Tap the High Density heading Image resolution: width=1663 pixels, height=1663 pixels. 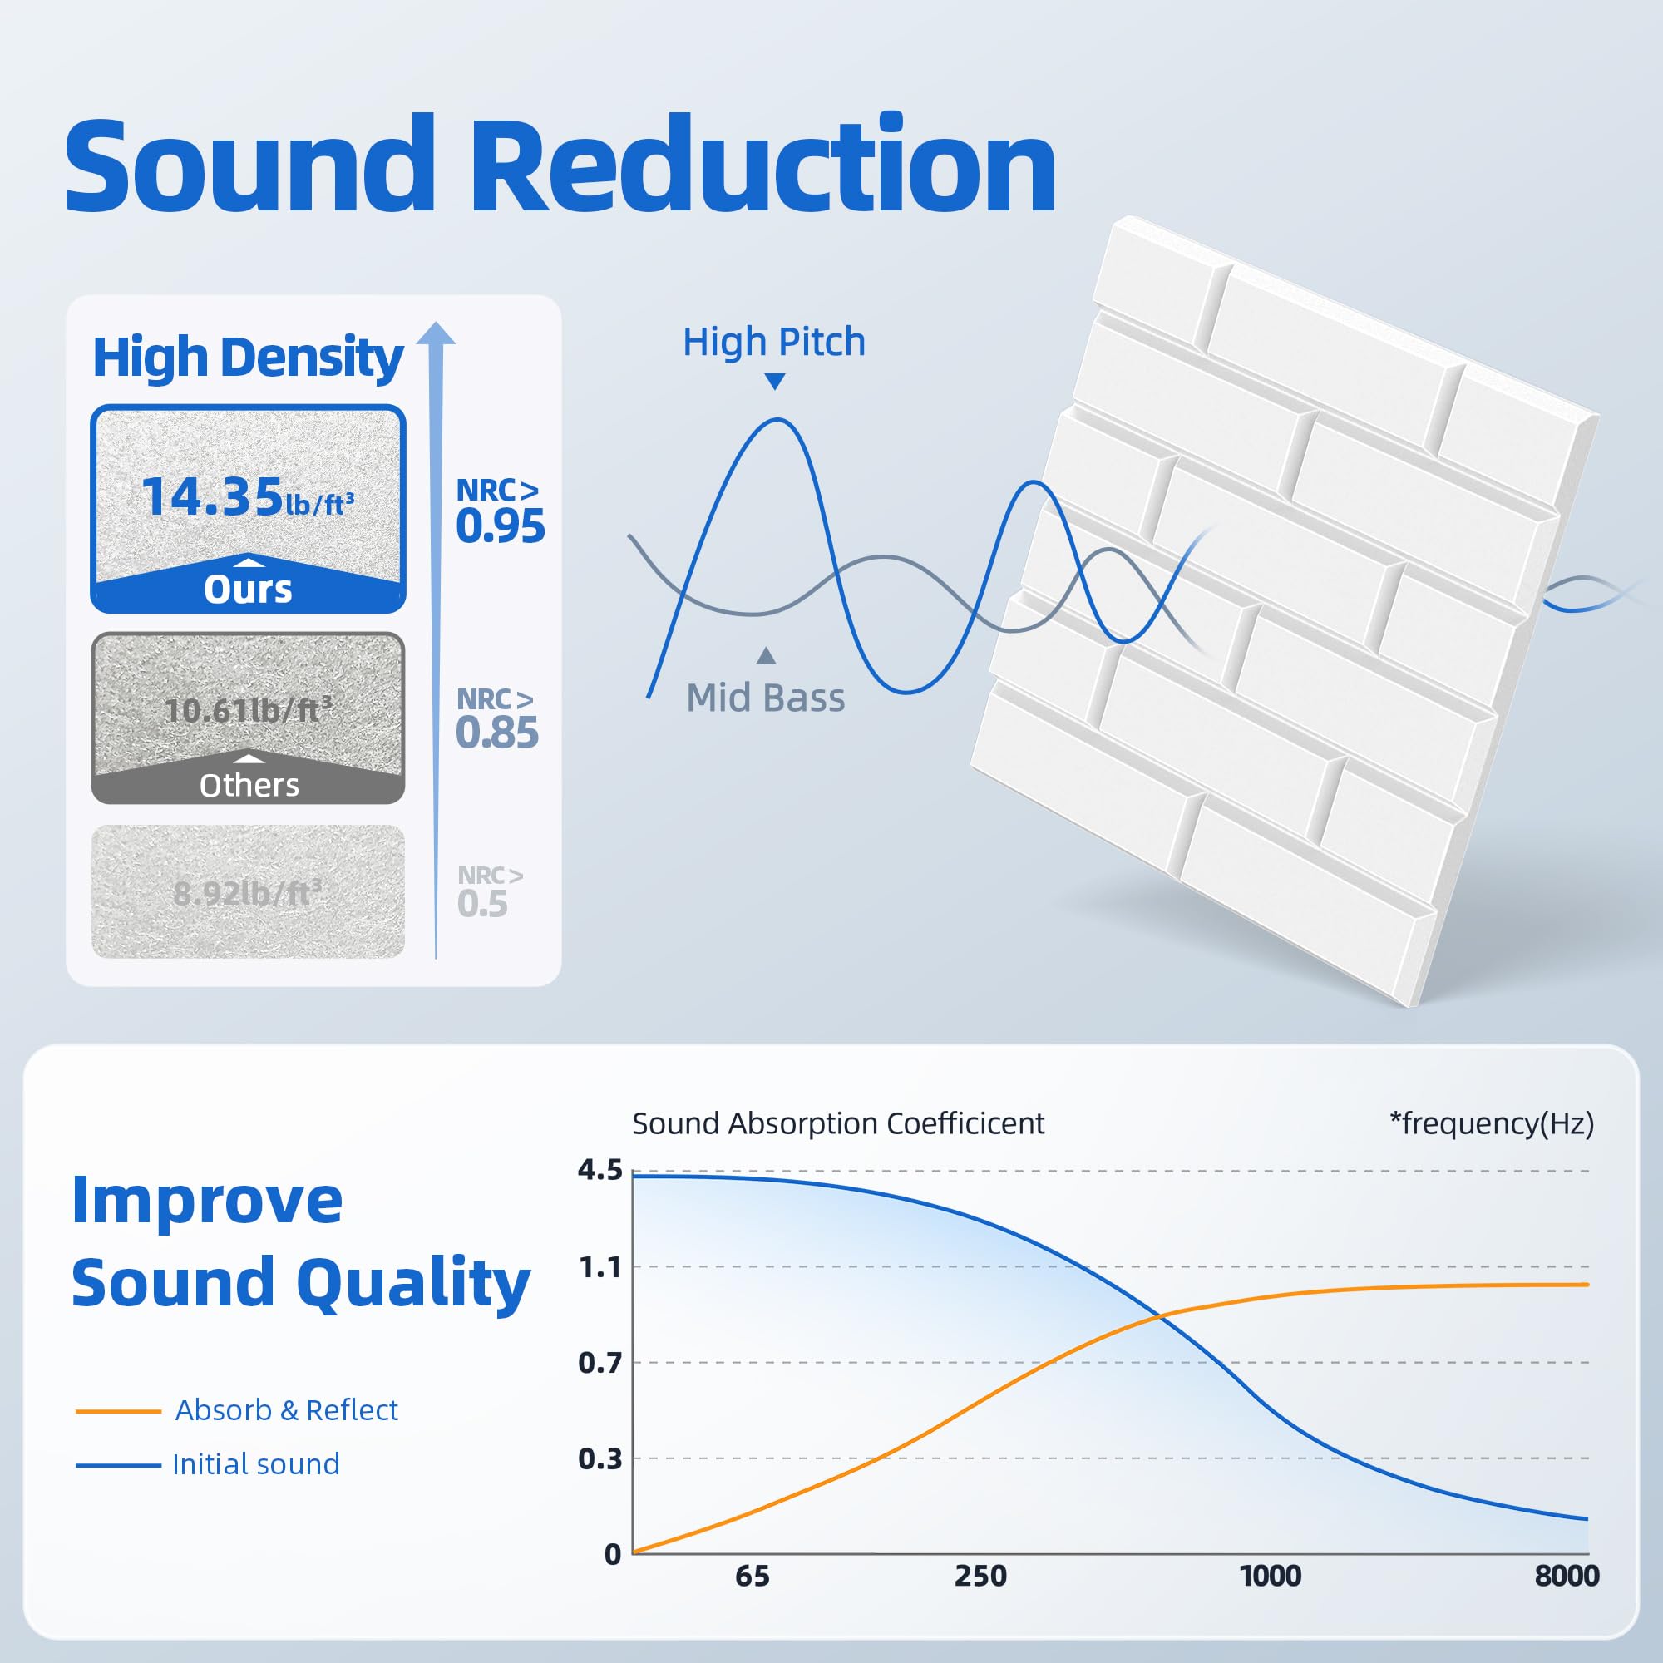click(x=248, y=358)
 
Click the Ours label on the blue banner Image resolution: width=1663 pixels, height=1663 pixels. click(x=248, y=590)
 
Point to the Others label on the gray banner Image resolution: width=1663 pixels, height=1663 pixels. click(x=249, y=785)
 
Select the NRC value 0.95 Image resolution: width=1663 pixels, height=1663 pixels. click(x=500, y=526)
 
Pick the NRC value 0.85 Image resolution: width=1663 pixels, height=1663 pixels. click(x=496, y=733)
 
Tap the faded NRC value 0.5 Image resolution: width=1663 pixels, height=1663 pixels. click(x=483, y=904)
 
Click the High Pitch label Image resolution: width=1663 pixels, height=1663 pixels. click(x=774, y=342)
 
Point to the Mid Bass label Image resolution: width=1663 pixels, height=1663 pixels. click(x=765, y=698)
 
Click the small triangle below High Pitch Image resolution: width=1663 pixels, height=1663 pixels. click(x=775, y=381)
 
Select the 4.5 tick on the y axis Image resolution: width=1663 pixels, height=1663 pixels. click(x=600, y=1170)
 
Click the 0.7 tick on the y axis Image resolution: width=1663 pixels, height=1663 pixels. click(x=600, y=1363)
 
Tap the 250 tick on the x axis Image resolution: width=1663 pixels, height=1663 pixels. click(x=980, y=1576)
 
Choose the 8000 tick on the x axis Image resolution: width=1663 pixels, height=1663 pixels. click(x=1567, y=1576)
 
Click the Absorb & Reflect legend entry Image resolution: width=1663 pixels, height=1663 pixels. click(x=286, y=1410)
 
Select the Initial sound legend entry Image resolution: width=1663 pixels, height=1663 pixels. click(x=255, y=1464)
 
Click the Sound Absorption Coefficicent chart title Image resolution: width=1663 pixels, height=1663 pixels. click(x=837, y=1123)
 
